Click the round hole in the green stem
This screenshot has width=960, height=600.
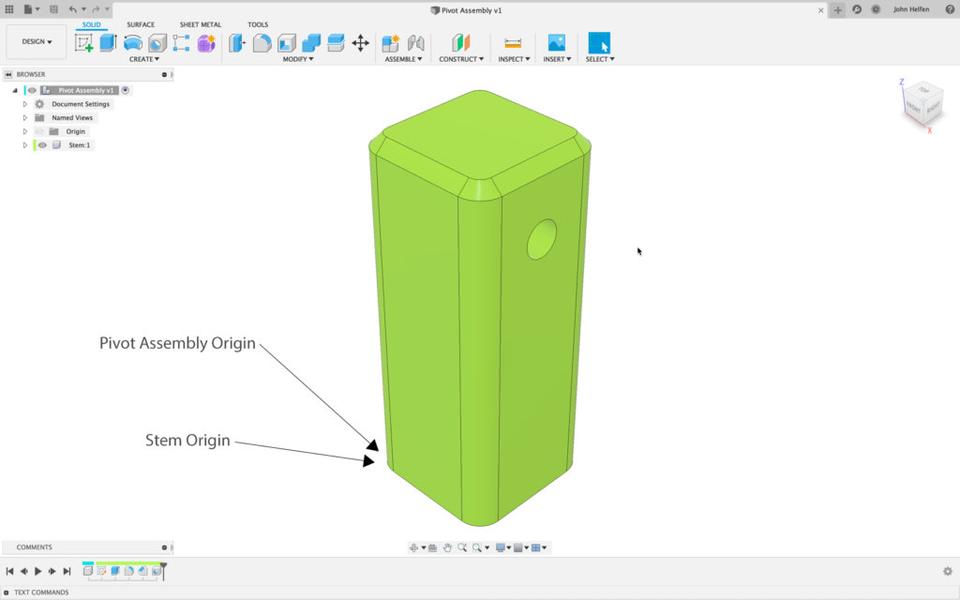(542, 239)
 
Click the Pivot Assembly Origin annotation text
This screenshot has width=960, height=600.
(177, 343)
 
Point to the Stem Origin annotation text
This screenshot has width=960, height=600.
(187, 440)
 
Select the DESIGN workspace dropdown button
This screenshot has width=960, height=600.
(37, 42)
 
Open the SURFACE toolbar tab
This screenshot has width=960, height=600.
(141, 24)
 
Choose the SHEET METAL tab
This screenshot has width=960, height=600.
(201, 24)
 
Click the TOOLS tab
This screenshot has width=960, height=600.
(258, 24)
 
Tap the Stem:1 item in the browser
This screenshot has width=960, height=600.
(79, 145)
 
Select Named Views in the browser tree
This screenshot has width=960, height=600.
(72, 118)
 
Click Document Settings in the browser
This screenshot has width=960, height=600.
(80, 104)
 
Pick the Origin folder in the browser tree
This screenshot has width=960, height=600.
(75, 131)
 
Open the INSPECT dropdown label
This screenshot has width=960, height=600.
(512, 59)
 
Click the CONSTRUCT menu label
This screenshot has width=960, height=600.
(460, 59)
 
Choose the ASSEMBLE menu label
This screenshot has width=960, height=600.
(402, 59)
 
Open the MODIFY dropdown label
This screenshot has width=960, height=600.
(297, 59)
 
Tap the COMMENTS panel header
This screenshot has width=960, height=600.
(35, 547)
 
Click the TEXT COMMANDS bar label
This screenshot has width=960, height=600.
(41, 592)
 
